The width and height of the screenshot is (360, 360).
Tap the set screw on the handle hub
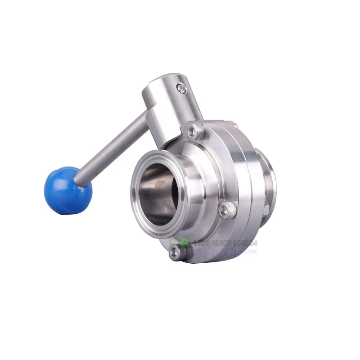pyautogui.click(x=182, y=89)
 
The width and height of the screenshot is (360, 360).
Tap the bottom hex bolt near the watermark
pyautogui.click(x=175, y=253)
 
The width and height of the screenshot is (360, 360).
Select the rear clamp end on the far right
pyautogui.click(x=268, y=180)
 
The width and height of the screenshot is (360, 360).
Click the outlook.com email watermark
pyautogui.click(x=225, y=251)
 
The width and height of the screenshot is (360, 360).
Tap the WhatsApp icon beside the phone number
pyautogui.click(x=184, y=243)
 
